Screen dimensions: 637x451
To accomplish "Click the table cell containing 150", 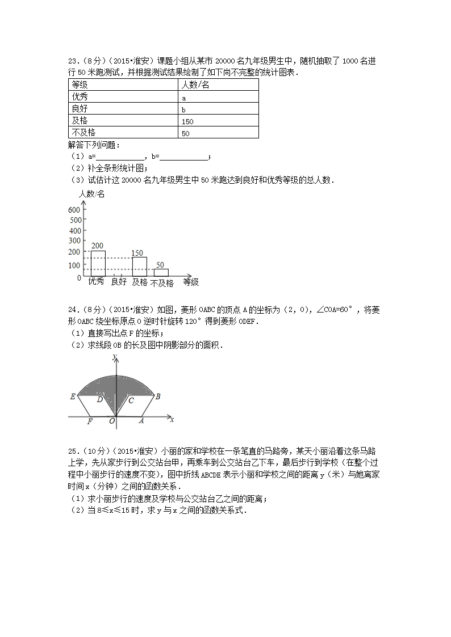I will tap(219, 121).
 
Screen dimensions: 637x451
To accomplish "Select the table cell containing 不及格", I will tap(123, 133).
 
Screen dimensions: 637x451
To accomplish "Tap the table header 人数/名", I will tap(219, 85).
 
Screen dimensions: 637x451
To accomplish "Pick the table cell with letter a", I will tap(219, 97).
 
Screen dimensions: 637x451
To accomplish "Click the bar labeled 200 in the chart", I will tap(98, 264).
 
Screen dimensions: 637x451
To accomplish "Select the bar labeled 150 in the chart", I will tap(139, 267).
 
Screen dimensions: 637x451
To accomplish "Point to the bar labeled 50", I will tap(161, 273).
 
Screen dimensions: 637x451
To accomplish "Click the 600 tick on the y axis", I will tap(75, 209).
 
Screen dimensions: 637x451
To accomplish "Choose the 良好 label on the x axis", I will tap(119, 281).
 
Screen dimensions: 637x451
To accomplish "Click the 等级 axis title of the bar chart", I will tap(191, 281).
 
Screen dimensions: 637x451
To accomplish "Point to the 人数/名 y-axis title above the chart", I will tap(91, 195).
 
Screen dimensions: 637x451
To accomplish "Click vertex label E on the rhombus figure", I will tap(73, 396).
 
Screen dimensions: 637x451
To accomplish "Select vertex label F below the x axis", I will tap(90, 421).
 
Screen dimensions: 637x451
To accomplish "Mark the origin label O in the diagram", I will tap(112, 421).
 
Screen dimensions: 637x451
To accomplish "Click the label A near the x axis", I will tap(141, 421).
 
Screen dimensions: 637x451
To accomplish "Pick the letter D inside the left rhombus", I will tap(99, 400).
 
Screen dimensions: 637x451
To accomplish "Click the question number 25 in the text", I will tap(72, 451).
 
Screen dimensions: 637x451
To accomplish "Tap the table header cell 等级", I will tap(123, 85).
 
